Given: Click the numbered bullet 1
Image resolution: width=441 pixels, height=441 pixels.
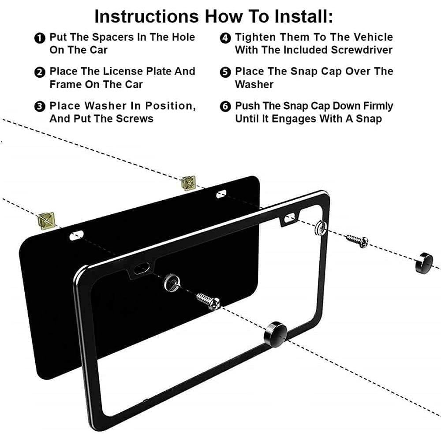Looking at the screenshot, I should [x=40, y=38].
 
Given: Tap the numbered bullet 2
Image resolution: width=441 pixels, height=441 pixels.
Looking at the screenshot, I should [x=40, y=72].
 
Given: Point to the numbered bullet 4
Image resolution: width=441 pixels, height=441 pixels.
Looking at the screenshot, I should [x=225, y=38].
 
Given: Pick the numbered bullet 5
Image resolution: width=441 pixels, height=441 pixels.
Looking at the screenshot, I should [x=225, y=72].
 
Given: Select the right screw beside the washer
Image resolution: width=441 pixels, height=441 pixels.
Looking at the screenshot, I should [x=357, y=240].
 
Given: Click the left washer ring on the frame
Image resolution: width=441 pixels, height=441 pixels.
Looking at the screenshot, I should [x=171, y=280].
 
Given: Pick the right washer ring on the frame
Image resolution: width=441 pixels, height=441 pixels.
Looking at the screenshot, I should [x=321, y=228].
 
